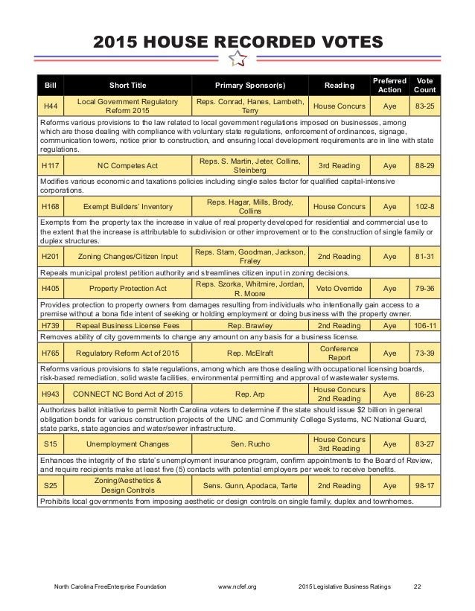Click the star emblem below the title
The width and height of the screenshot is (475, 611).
238,59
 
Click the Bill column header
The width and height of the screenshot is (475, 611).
51,85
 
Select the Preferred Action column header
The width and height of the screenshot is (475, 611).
390,85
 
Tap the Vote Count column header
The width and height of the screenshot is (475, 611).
425,85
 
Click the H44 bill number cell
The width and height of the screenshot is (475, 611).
51,106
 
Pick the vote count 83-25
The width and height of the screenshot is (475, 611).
425,106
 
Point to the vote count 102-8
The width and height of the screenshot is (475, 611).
425,206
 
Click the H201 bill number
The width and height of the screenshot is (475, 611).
51,256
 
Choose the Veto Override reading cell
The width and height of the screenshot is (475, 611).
339,287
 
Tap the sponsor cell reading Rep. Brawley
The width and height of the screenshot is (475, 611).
250,326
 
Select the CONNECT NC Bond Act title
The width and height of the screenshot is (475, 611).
122,392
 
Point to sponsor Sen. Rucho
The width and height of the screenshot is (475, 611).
250,443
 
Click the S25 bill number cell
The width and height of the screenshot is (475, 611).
51,486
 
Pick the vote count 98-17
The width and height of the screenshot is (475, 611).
425,486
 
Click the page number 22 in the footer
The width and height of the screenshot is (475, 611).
418,587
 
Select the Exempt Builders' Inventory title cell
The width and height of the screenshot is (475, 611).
122,206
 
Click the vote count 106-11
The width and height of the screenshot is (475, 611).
425,326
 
